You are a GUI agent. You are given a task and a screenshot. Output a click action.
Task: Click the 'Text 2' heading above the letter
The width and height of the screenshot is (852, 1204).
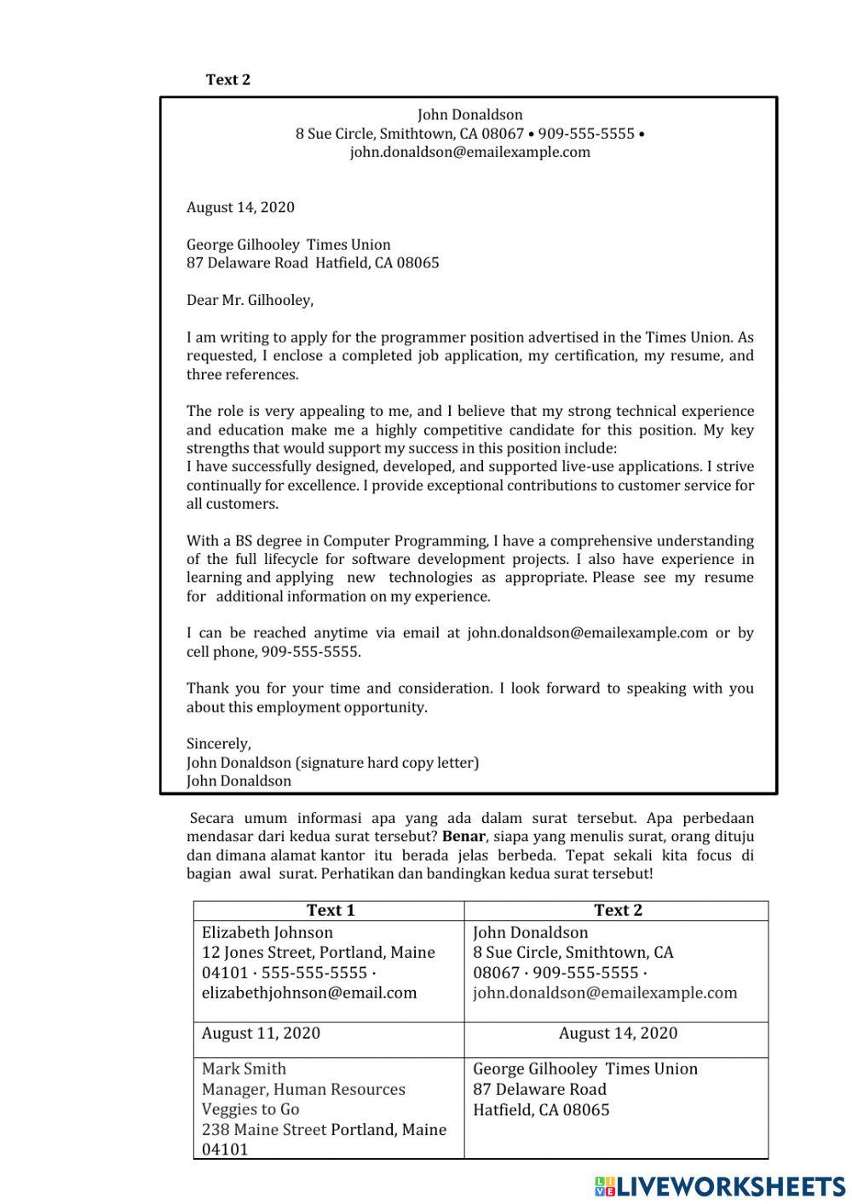coord(227,80)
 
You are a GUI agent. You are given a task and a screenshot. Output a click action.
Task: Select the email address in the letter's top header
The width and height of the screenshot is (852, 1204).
coord(469,153)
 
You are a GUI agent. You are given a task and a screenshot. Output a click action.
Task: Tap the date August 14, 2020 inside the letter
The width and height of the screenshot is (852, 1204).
coord(240,207)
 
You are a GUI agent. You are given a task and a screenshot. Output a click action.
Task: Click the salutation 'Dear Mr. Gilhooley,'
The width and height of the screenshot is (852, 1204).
coord(250,300)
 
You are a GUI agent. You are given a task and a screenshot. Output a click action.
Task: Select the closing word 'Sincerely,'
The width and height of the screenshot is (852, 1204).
coord(218,744)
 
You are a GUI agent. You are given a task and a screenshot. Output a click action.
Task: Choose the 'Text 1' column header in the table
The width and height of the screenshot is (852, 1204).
coord(330,910)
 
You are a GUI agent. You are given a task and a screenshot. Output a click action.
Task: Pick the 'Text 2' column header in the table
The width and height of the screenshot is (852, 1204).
coord(617,910)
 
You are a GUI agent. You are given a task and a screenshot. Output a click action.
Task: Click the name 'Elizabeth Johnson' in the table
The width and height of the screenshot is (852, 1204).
coord(267,933)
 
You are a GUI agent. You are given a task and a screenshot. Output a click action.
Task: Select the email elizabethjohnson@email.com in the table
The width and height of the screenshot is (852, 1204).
coord(309,993)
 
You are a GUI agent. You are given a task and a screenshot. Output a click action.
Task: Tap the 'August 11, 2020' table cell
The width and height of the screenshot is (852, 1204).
coord(261,1034)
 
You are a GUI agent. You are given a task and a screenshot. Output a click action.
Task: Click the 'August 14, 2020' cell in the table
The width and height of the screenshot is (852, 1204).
coord(618,1034)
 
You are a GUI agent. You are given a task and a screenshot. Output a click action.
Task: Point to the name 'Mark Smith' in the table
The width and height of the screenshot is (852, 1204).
coord(244,1069)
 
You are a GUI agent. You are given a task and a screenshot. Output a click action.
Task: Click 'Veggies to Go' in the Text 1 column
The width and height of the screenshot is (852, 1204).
coord(250,1109)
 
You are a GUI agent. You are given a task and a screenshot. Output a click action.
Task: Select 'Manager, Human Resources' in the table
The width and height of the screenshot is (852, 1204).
coord(303,1090)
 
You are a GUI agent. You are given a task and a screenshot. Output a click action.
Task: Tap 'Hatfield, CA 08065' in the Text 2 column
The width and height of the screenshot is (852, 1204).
coord(541,1110)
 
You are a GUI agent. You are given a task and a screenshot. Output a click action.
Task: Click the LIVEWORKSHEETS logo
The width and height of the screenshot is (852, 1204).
coord(720,1185)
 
